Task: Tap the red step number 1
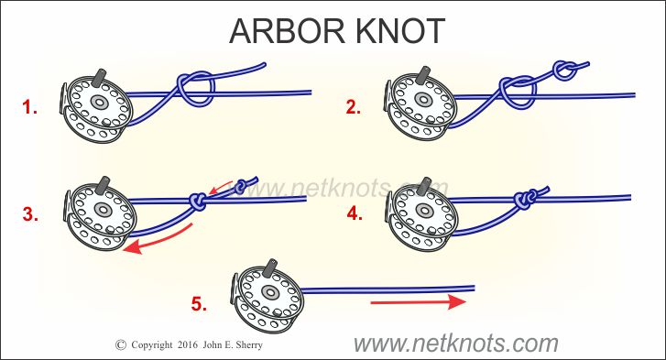(29, 107)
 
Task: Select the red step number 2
(354, 107)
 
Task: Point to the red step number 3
(30, 214)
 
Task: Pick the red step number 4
(355, 213)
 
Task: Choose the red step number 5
(199, 303)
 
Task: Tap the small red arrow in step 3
(221, 187)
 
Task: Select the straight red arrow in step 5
(419, 302)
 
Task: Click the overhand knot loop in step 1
(196, 88)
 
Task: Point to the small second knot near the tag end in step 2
(565, 70)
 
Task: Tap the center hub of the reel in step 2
(423, 99)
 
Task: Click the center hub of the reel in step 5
(268, 291)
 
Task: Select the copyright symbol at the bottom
(121, 344)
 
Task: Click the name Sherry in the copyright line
(248, 344)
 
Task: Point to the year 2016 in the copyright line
(188, 344)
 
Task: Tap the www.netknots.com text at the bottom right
(455, 343)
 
